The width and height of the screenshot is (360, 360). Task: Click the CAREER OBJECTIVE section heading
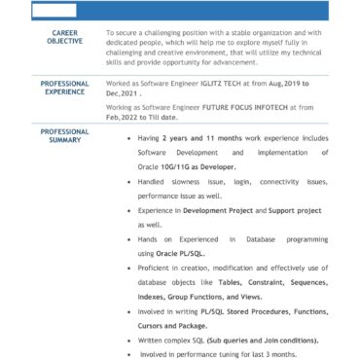coord(65,37)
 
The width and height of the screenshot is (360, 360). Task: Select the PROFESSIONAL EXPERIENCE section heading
coord(65,88)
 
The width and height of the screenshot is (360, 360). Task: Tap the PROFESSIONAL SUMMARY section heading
coord(65,135)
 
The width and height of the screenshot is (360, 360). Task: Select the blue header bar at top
coord(195,11)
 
